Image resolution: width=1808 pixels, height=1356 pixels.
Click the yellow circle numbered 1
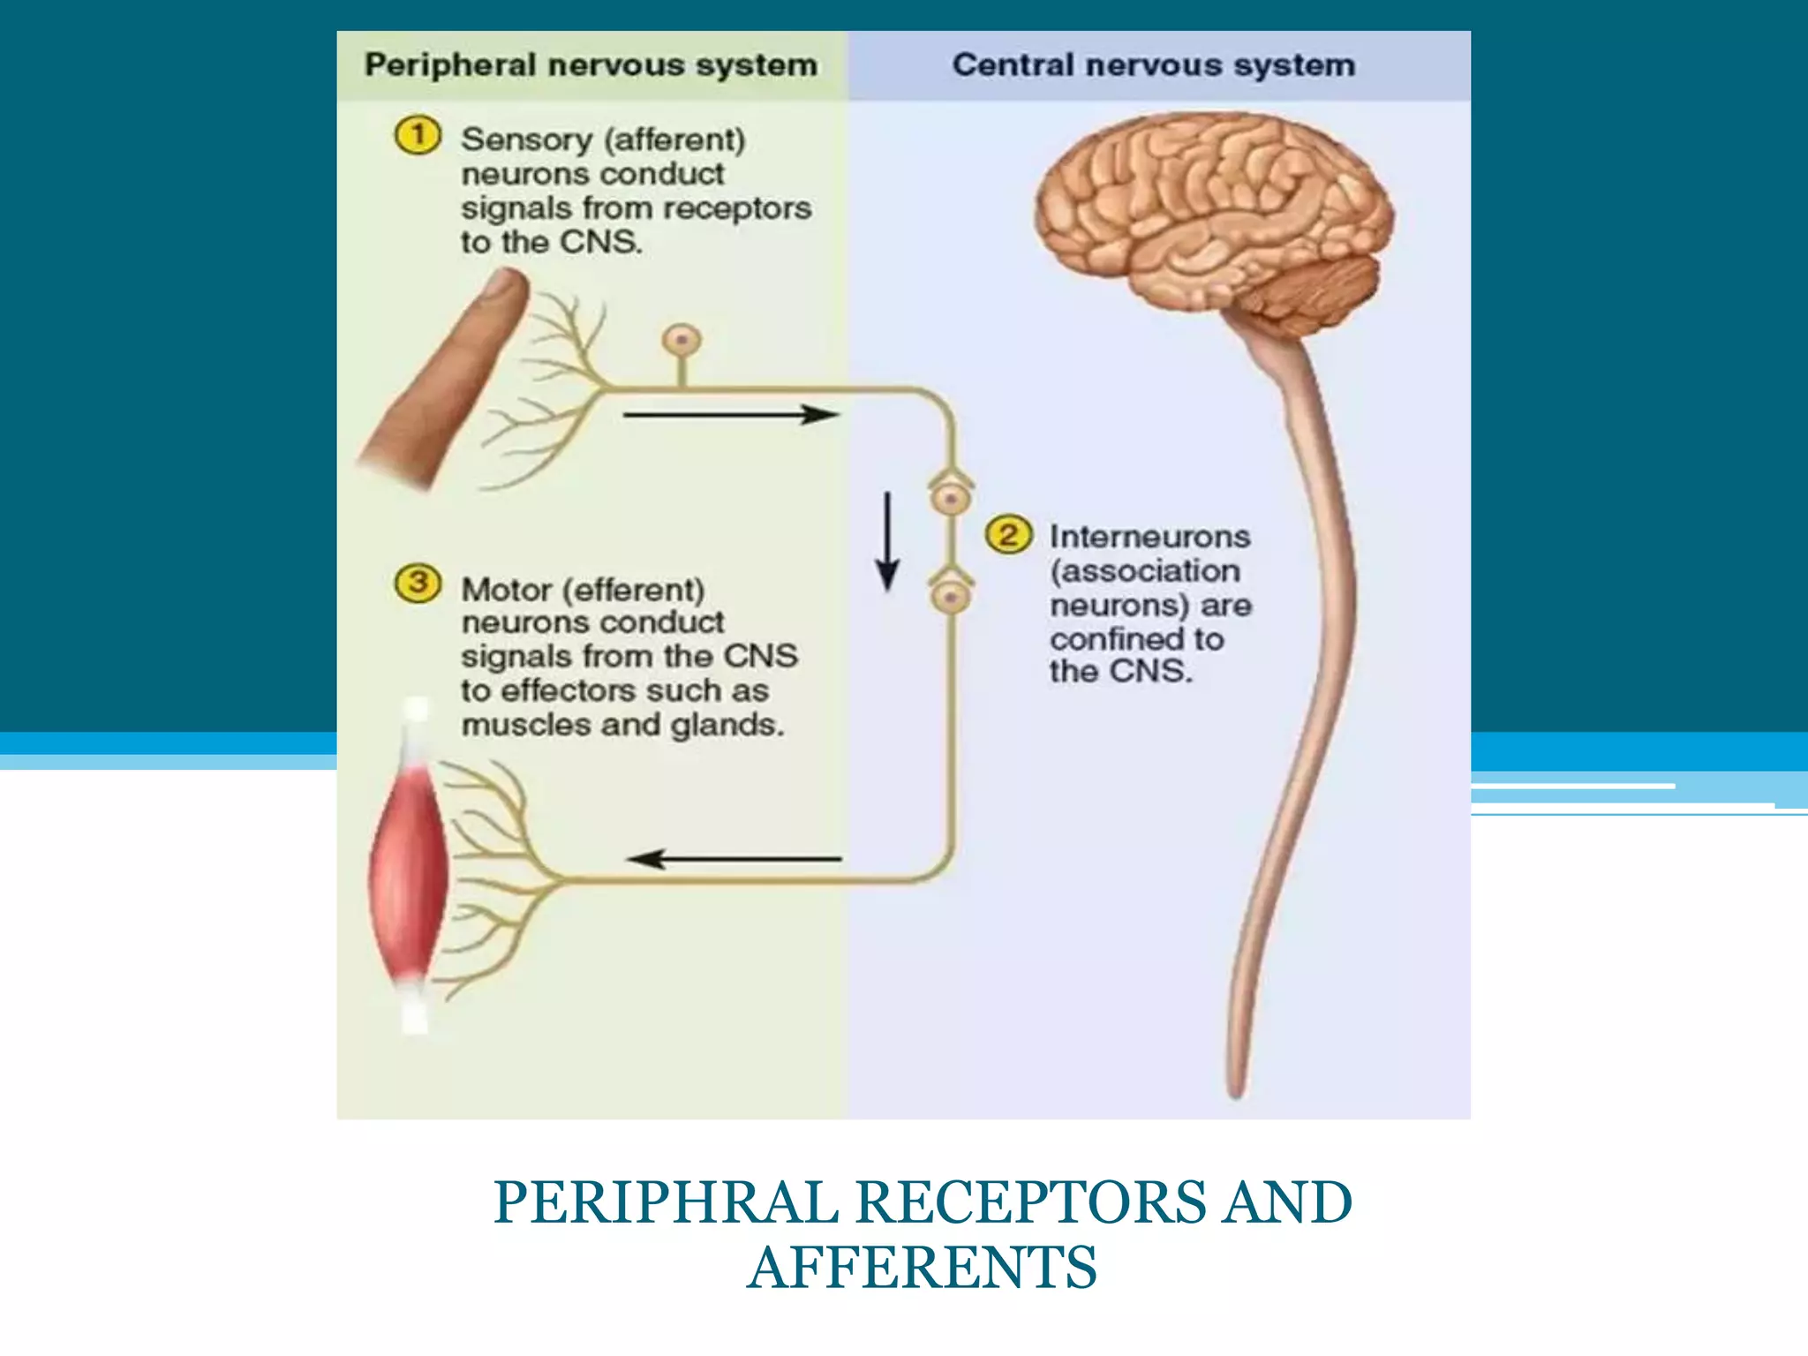click(417, 136)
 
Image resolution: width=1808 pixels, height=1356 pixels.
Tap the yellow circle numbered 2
click(1008, 534)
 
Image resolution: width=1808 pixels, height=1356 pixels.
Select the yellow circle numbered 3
click(418, 584)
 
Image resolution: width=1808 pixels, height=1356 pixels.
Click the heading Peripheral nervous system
click(591, 65)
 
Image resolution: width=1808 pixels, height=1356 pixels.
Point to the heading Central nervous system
click(1153, 65)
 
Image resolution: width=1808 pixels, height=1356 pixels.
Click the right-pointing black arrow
click(731, 414)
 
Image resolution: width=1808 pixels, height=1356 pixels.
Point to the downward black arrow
click(887, 540)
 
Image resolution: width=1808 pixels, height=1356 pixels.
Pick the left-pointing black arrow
click(734, 858)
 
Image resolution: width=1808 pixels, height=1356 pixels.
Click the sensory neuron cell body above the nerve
click(682, 340)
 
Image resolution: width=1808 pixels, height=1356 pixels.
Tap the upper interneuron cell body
click(951, 499)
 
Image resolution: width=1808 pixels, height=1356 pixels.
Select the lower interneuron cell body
click(951, 597)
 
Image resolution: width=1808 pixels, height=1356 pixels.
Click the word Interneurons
click(1149, 537)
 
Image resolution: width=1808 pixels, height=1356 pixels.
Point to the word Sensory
click(527, 139)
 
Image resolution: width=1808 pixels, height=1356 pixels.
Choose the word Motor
click(507, 590)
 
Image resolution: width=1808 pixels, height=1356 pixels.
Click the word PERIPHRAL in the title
click(666, 1202)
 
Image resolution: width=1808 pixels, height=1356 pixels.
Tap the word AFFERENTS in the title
click(922, 1268)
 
